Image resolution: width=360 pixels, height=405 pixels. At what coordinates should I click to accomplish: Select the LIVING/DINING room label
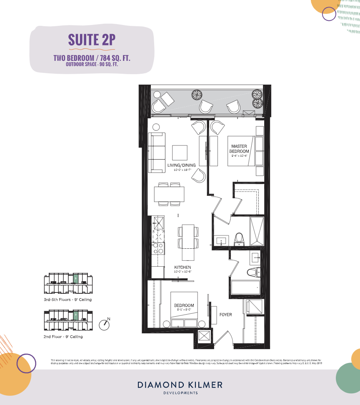tap(181, 165)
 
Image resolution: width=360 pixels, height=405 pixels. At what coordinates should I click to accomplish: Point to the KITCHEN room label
tap(182, 267)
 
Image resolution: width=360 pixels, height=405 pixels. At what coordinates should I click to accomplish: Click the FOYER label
tap(225, 315)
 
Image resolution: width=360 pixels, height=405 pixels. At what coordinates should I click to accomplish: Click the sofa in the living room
tap(157, 152)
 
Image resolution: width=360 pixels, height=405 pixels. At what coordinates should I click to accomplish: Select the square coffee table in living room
tap(180, 152)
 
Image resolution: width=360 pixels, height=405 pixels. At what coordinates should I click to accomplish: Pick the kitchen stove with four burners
tap(158, 249)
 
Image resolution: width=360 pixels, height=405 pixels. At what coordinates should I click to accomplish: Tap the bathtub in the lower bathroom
tap(245, 287)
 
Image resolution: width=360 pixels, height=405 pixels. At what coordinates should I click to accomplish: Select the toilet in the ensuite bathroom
tap(239, 239)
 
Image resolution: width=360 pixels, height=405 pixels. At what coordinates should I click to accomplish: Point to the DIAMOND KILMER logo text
tap(180, 385)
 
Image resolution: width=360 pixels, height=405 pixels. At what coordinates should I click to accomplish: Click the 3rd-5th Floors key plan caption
tap(68, 300)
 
